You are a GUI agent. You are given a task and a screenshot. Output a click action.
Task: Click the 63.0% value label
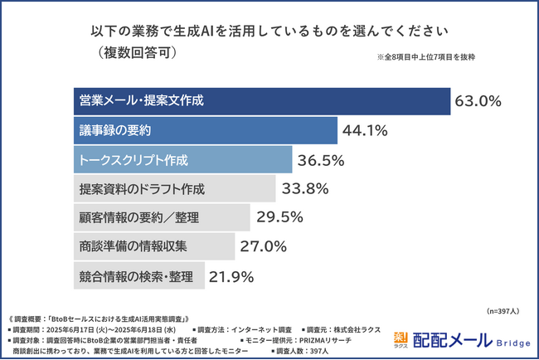tap(478, 102)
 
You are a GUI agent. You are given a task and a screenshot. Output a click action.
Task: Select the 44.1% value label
tap(367, 131)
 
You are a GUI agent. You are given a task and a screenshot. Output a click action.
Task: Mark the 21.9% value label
tap(231, 275)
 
